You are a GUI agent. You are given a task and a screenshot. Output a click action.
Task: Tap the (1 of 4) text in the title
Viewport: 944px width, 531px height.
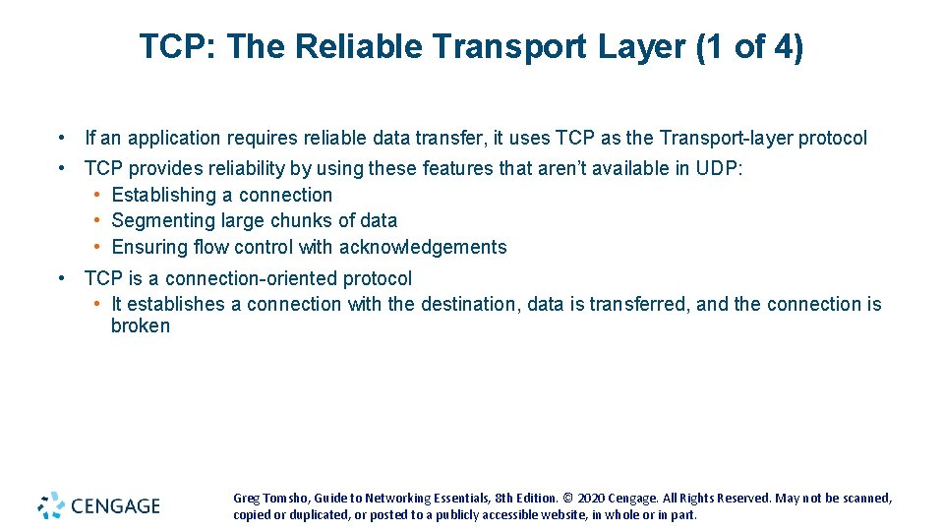(749, 46)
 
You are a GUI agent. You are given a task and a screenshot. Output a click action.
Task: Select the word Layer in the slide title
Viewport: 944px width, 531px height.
(645, 46)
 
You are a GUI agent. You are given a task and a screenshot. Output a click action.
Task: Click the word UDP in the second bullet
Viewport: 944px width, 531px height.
(718, 169)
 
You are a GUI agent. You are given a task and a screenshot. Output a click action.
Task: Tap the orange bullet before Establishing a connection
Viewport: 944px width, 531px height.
(98, 195)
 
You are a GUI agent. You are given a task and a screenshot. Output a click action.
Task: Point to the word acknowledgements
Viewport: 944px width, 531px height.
(423, 248)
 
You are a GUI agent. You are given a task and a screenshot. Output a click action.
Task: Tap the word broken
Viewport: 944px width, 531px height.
(141, 326)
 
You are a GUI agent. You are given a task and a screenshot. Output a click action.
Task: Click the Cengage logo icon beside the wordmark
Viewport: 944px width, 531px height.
(51, 505)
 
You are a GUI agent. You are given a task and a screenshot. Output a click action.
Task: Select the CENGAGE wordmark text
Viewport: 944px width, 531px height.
(114, 506)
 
